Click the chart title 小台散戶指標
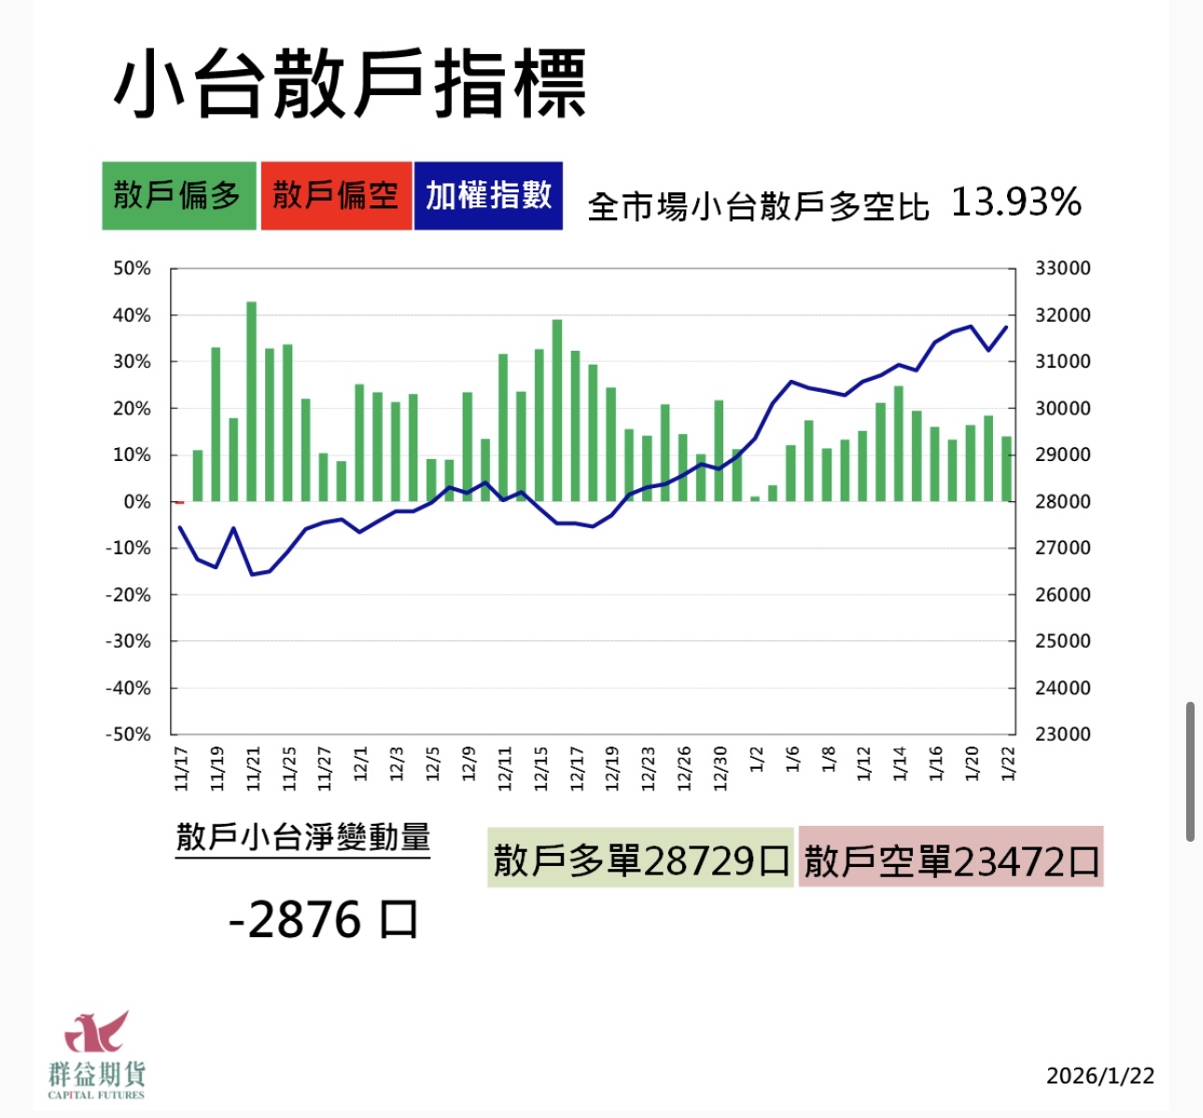350,84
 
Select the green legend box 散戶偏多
178,196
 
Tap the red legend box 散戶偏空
336,196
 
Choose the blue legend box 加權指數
488,196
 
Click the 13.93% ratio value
1015,202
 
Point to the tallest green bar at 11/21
252,401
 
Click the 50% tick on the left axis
132,269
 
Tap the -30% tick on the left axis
128,641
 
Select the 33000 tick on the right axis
1062,269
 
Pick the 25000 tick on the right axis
1062,641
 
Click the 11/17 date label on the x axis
181,767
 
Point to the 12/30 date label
720,767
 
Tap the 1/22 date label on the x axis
1007,762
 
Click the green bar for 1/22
1007,468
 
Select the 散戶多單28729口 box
640,858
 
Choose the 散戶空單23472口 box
950,858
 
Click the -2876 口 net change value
323,920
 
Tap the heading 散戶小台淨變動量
302,836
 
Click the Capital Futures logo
96,1055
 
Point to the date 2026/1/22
1099,1076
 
